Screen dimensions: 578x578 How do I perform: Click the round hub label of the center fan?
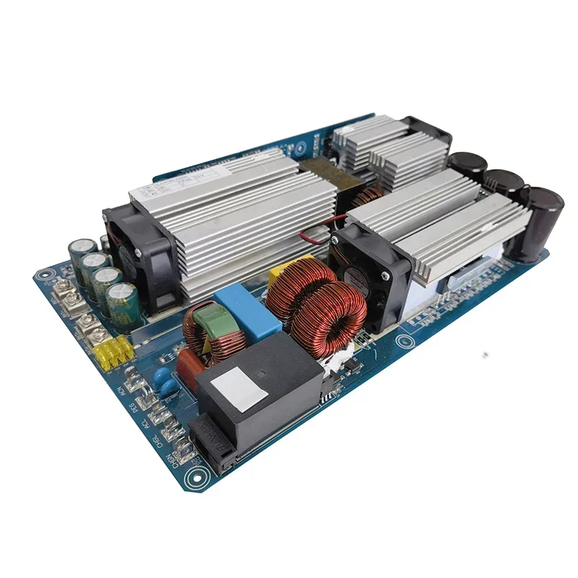360,280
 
